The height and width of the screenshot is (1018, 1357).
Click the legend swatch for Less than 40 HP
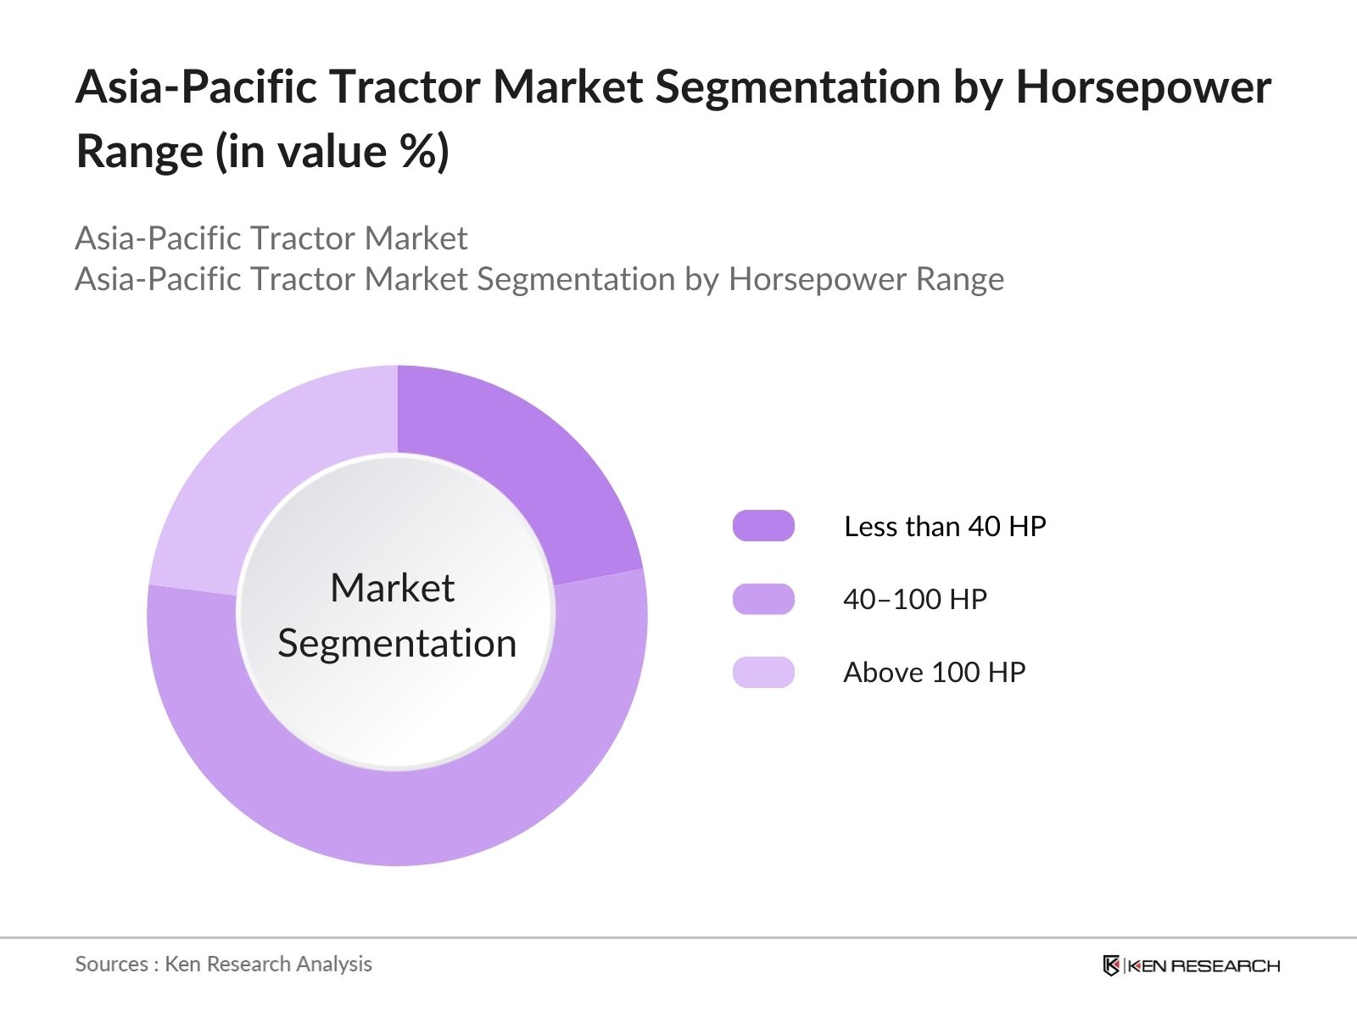[x=763, y=526]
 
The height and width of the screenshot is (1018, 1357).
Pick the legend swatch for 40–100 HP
[x=763, y=599]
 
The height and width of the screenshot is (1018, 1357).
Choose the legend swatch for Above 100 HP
[x=763, y=672]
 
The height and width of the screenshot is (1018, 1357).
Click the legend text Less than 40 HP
[x=945, y=526]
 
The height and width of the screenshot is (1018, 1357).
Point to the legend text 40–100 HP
[x=915, y=599]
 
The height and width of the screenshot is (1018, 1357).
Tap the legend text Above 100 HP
[x=934, y=672]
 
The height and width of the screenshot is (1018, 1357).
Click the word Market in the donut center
[x=392, y=588]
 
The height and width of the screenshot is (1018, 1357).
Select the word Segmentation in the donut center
[x=397, y=643]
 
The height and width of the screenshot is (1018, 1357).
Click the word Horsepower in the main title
[x=1143, y=87]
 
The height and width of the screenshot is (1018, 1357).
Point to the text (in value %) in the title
[x=332, y=152]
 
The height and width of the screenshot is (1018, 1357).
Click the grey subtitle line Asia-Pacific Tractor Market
[x=271, y=238]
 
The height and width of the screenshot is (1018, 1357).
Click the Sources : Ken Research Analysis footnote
[x=224, y=964]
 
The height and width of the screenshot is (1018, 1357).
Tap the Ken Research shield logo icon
[x=1111, y=965]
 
